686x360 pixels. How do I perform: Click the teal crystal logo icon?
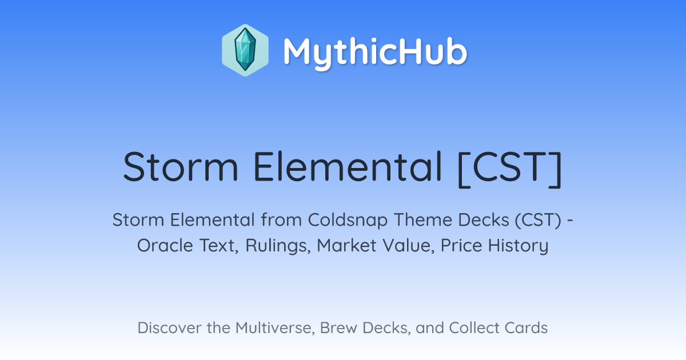[x=245, y=50]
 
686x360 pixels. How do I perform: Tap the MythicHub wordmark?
[x=376, y=53]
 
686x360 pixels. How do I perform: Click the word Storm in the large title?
[x=181, y=167]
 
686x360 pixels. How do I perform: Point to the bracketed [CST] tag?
[x=510, y=169]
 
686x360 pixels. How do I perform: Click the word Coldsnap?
[x=348, y=221]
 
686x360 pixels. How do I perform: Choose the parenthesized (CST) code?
[x=538, y=220]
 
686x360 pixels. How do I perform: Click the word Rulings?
[x=278, y=246]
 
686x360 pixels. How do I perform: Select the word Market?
[x=346, y=246]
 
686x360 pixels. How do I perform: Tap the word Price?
[x=461, y=246]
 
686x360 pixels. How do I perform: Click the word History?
[x=518, y=246]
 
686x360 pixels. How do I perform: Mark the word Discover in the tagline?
[x=169, y=328]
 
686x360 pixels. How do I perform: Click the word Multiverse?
[x=275, y=328]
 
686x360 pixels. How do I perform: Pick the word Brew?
[x=338, y=328]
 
